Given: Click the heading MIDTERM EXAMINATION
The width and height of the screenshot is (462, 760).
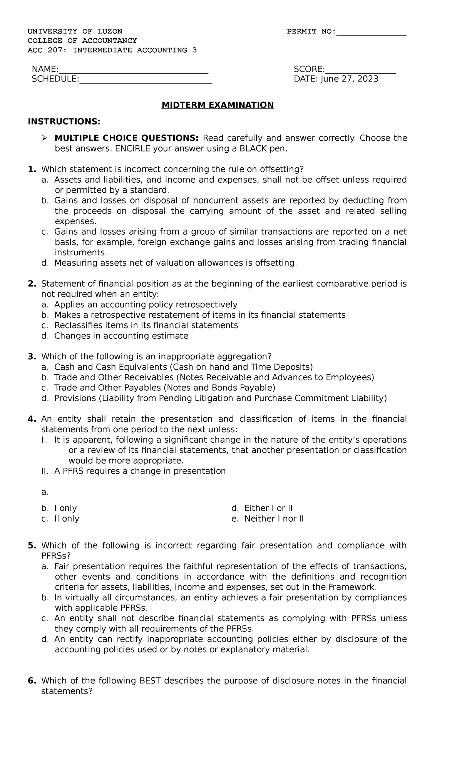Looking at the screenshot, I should pyautogui.click(x=218, y=105).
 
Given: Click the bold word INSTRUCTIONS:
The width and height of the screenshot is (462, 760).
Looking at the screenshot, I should pyautogui.click(x=64, y=122).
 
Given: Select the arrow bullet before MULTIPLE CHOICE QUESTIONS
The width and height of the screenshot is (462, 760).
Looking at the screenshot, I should pyautogui.click(x=44, y=138).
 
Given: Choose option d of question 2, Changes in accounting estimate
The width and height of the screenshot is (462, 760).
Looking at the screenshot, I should pyautogui.click(x=121, y=336).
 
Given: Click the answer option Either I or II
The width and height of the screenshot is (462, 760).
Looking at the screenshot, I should pyautogui.click(x=268, y=508).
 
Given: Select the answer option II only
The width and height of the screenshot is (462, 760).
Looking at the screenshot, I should pyautogui.click(x=67, y=518).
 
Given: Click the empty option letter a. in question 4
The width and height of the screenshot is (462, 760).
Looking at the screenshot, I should pyautogui.click(x=45, y=492).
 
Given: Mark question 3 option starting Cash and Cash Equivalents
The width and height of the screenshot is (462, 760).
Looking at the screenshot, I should pyautogui.click(x=183, y=367).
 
